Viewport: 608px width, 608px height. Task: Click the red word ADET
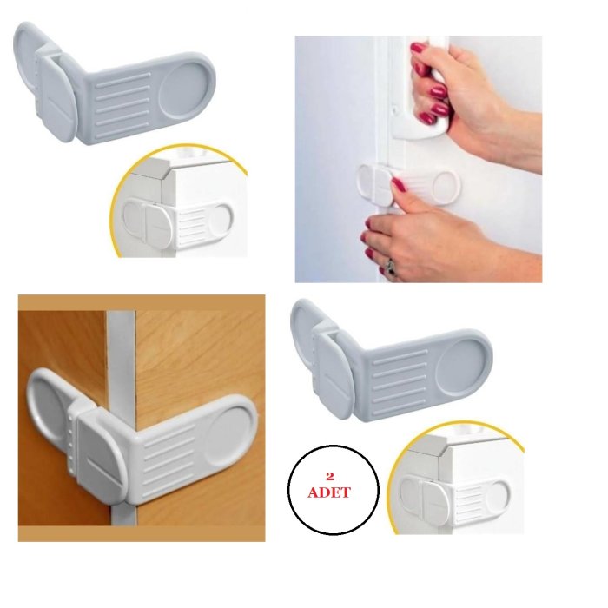[329, 492]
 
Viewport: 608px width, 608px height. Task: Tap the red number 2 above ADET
[330, 476]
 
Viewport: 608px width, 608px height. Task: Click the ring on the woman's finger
[390, 268]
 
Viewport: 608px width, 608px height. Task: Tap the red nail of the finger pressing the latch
[399, 184]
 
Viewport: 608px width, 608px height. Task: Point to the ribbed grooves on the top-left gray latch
[123, 105]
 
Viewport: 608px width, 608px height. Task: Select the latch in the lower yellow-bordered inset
[453, 499]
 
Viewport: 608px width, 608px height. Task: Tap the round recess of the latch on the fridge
[445, 188]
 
